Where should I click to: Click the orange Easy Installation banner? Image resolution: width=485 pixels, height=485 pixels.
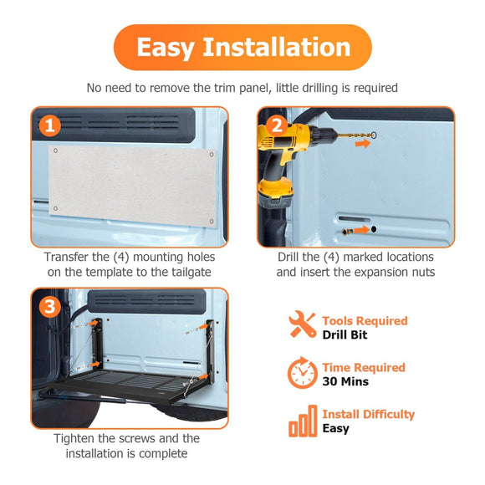click(x=242, y=48)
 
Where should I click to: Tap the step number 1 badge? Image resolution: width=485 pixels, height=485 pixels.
click(x=50, y=125)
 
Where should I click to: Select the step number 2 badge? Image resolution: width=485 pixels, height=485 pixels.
click(x=277, y=125)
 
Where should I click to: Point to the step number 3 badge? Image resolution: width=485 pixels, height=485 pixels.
click(x=50, y=307)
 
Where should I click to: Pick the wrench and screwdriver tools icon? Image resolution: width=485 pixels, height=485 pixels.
click(x=302, y=324)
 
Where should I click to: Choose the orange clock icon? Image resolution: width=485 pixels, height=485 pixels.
click(x=302, y=372)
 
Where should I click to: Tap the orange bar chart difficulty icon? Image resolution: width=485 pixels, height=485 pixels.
click(x=303, y=421)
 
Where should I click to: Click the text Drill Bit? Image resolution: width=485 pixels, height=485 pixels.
click(x=345, y=335)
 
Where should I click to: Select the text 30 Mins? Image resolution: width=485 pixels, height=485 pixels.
click(x=345, y=381)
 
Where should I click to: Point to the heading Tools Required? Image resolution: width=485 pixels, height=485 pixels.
click(x=365, y=321)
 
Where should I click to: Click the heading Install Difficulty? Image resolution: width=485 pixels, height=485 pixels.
click(x=369, y=415)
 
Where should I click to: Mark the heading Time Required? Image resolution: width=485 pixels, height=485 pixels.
click(x=364, y=368)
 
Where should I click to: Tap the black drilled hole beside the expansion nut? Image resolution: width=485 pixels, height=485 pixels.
click(x=374, y=229)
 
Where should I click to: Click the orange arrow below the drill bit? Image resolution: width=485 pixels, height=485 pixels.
click(x=363, y=143)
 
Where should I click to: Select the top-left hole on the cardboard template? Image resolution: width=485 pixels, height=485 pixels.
click(x=56, y=151)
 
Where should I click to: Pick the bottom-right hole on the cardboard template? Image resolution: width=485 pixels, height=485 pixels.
click(x=212, y=221)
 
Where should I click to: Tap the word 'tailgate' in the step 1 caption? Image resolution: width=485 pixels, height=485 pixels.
click(x=191, y=273)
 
